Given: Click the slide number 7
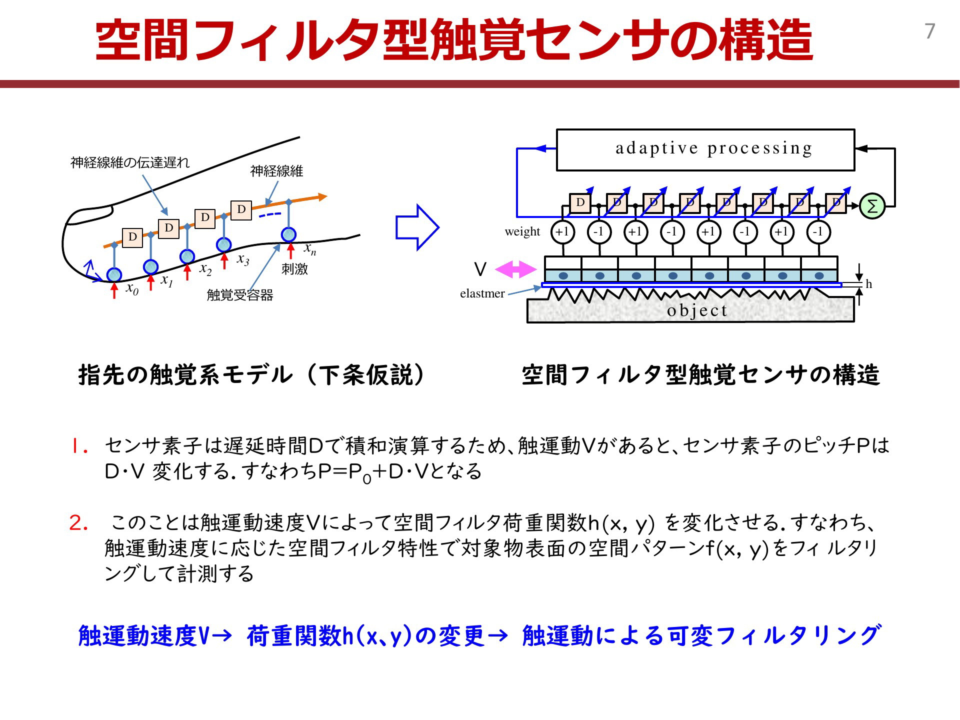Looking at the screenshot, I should click(929, 31).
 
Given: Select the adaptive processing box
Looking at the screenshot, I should click(705, 149).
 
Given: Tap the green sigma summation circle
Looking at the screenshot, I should click(872, 206).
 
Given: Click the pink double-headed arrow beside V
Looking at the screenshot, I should click(515, 269).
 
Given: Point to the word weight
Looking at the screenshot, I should click(522, 231).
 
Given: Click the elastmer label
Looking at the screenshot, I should click(482, 293).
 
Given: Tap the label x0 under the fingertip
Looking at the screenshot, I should click(132, 288).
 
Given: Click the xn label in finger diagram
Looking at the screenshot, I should click(310, 248).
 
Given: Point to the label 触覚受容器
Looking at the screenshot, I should click(240, 295).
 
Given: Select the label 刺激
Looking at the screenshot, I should click(294, 269).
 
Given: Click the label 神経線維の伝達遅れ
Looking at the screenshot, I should click(130, 162).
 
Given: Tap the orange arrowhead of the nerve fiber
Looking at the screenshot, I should click(322, 197).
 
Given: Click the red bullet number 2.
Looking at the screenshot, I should click(78, 523).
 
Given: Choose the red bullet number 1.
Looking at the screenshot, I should click(78, 446).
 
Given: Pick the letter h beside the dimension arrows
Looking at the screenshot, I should click(868, 284).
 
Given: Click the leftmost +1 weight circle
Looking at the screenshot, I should click(562, 232).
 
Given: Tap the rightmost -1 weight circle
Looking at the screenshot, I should click(818, 232).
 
